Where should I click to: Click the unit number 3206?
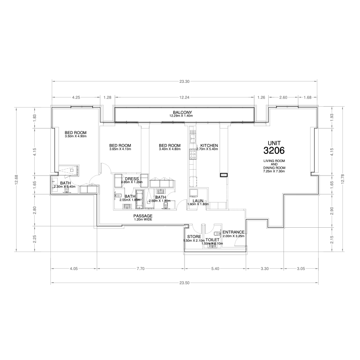275,150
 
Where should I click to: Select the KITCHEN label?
209,145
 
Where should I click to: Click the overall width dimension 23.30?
184,81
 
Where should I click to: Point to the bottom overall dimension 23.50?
184,283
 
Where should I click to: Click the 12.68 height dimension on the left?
16,179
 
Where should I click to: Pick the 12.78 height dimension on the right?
344,179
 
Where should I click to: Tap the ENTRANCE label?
234,232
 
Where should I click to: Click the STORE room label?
194,237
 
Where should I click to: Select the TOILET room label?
212,240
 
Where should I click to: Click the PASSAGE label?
143,216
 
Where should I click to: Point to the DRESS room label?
132,179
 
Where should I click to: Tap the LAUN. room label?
198,201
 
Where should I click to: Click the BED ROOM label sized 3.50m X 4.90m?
75,132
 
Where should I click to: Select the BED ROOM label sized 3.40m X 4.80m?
170,145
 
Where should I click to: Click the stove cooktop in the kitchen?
193,154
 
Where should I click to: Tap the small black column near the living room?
223,175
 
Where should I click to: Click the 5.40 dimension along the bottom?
215,269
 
